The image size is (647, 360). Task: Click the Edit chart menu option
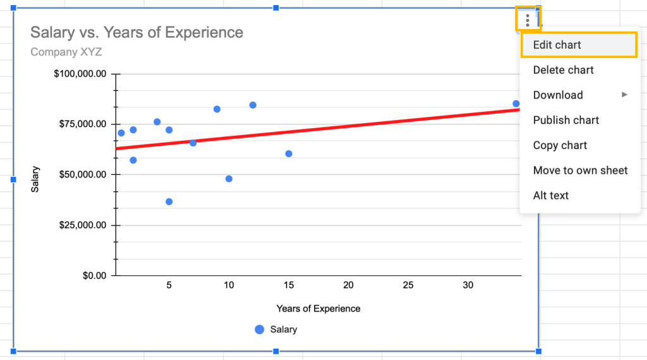557,45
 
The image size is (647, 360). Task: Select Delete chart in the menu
563,70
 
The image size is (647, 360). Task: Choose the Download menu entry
558,95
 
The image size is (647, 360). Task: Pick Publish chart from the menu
565,120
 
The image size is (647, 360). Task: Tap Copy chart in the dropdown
560,145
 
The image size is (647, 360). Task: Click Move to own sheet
580,171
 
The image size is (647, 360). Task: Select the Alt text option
550,195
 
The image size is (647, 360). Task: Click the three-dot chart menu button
528,20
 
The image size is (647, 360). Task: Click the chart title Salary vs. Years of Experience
136,32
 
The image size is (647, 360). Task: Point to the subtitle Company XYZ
66,52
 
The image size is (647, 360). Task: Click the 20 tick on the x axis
348,285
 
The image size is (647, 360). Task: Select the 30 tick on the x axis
468,285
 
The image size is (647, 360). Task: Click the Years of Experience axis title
318,309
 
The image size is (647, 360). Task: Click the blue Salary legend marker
259,329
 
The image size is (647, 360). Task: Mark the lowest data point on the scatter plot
169,201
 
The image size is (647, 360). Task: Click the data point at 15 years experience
289,153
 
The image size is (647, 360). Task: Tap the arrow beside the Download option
624,95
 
